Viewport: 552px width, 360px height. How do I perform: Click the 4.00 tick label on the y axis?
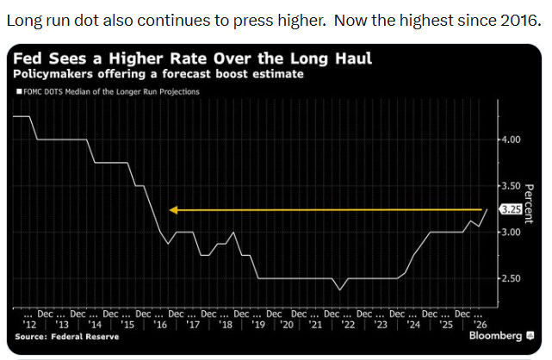[x=512, y=140]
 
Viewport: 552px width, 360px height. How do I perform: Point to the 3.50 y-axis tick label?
[x=512, y=186]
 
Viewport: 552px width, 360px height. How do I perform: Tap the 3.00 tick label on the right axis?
[x=512, y=233]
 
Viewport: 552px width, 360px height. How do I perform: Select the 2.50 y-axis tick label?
[x=512, y=278]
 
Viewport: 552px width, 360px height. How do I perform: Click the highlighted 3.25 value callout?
[x=511, y=210]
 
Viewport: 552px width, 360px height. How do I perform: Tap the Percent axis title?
[x=529, y=204]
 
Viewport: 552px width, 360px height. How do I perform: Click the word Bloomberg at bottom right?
[x=496, y=336]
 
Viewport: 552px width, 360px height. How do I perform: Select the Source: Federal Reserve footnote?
[x=67, y=337]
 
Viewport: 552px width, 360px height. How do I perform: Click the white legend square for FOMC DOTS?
[x=19, y=92]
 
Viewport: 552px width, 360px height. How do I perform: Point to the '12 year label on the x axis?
[x=29, y=325]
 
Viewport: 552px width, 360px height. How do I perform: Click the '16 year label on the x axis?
[x=160, y=325]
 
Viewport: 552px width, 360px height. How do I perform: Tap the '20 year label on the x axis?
[x=288, y=325]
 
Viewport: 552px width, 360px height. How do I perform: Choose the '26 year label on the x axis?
[x=480, y=325]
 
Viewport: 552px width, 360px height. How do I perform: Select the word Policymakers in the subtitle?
[x=53, y=74]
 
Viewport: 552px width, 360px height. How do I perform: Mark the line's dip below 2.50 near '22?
[x=339, y=289]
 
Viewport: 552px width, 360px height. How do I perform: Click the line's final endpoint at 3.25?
[x=487, y=209]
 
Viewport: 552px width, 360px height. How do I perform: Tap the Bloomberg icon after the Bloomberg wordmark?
[x=530, y=336]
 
